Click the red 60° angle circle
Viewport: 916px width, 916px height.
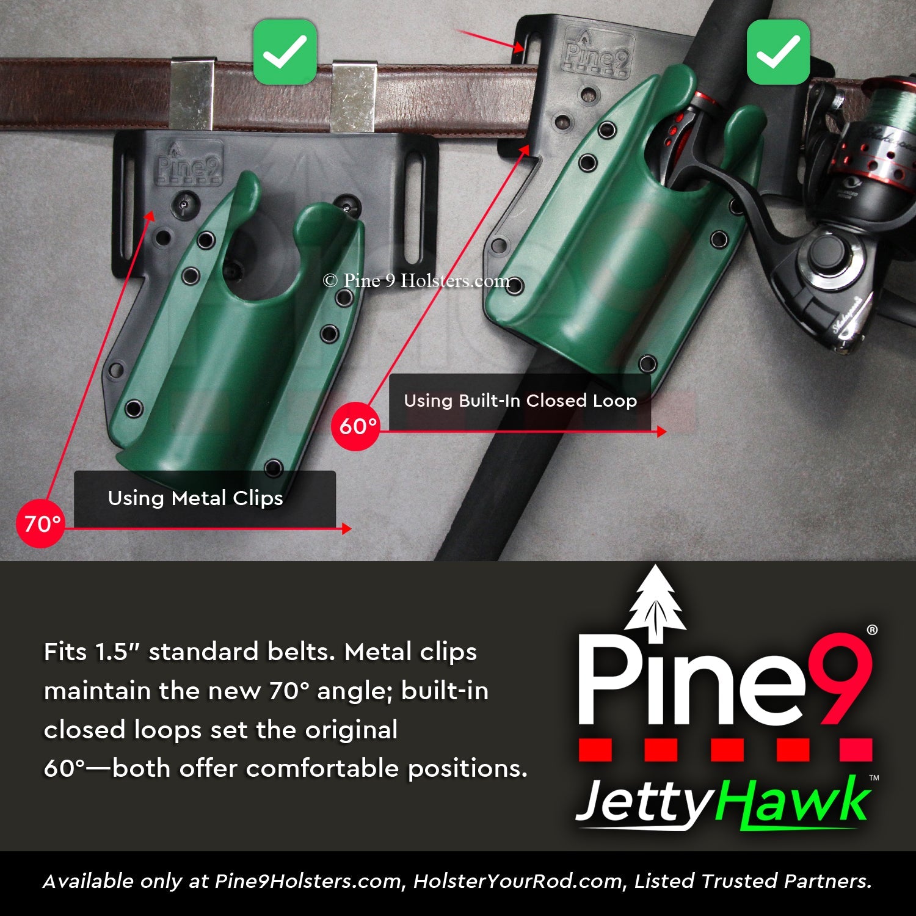(357, 426)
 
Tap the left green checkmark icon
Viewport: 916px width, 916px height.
(285, 52)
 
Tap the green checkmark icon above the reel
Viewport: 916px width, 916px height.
(778, 52)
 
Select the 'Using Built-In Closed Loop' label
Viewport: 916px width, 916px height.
(520, 401)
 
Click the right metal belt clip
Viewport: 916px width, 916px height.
(354, 96)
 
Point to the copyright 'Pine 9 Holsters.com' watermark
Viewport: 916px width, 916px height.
(416, 281)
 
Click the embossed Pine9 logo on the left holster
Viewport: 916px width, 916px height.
(189, 164)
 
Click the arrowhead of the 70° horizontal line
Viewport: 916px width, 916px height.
(347, 528)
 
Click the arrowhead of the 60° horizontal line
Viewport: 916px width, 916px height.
(661, 432)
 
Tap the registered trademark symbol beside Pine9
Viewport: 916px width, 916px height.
(872, 630)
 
